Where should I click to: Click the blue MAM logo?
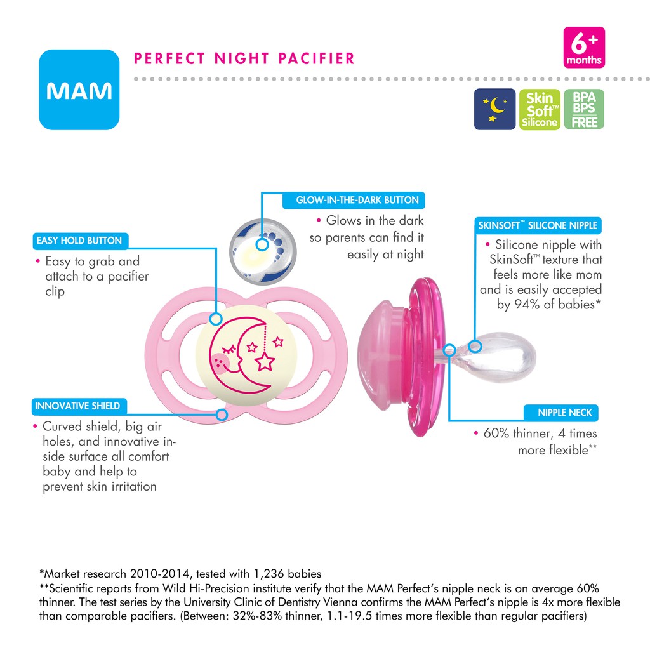click(79, 90)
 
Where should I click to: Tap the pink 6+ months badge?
click(584, 48)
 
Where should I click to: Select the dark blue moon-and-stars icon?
click(494, 109)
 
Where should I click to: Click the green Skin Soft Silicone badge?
click(539, 109)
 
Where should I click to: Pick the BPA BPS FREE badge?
click(584, 109)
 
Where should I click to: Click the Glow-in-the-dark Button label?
click(357, 200)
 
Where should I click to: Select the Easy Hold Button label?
click(79, 241)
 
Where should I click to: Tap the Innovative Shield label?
click(77, 406)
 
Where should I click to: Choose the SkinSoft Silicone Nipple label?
click(537, 225)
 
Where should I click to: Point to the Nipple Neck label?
click(564, 413)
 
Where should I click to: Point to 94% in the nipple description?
click(534, 304)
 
